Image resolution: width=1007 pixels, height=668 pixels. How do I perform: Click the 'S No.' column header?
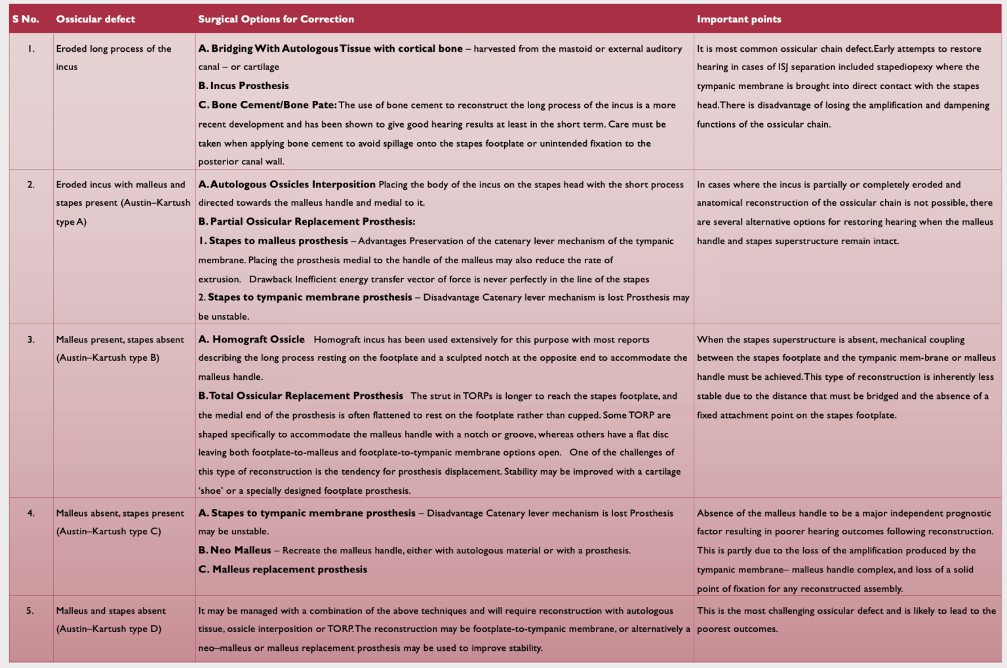coord(26,19)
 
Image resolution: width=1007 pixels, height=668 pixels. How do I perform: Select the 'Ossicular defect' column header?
coord(96,19)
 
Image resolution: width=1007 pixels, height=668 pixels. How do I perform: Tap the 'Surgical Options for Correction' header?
coord(276,19)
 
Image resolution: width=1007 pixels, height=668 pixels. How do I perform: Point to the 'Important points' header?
coord(739,19)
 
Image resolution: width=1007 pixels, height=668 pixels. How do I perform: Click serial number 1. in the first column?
coord(31,48)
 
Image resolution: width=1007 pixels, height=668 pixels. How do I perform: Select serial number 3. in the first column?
coord(31,339)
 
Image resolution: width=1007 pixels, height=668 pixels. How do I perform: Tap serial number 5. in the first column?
coord(30,610)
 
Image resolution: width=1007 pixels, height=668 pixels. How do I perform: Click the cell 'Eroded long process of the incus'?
coord(113,57)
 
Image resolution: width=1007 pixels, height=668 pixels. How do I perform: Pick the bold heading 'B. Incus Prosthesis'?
coord(243,86)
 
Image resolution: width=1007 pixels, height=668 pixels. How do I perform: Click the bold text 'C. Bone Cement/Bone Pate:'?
coord(267,105)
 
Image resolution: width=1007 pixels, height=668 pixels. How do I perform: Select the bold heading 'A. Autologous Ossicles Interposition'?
coord(287,185)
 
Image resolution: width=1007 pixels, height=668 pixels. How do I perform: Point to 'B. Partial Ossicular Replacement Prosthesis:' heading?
coord(307,221)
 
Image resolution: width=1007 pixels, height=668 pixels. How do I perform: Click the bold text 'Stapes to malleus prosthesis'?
coord(278,241)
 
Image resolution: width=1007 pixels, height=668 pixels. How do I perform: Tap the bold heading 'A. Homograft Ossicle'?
coord(252,339)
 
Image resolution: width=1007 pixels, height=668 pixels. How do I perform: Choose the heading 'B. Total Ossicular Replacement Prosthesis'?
coord(301,396)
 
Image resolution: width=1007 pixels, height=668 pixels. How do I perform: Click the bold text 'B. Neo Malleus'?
coord(235,550)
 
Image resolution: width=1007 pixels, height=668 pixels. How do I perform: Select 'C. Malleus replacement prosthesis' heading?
coord(283,569)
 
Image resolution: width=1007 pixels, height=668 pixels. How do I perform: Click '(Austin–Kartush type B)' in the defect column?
coord(108,358)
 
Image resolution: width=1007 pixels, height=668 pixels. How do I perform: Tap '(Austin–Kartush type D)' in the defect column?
coord(109,629)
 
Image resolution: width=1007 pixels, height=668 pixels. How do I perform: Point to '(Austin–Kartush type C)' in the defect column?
coord(109,531)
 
